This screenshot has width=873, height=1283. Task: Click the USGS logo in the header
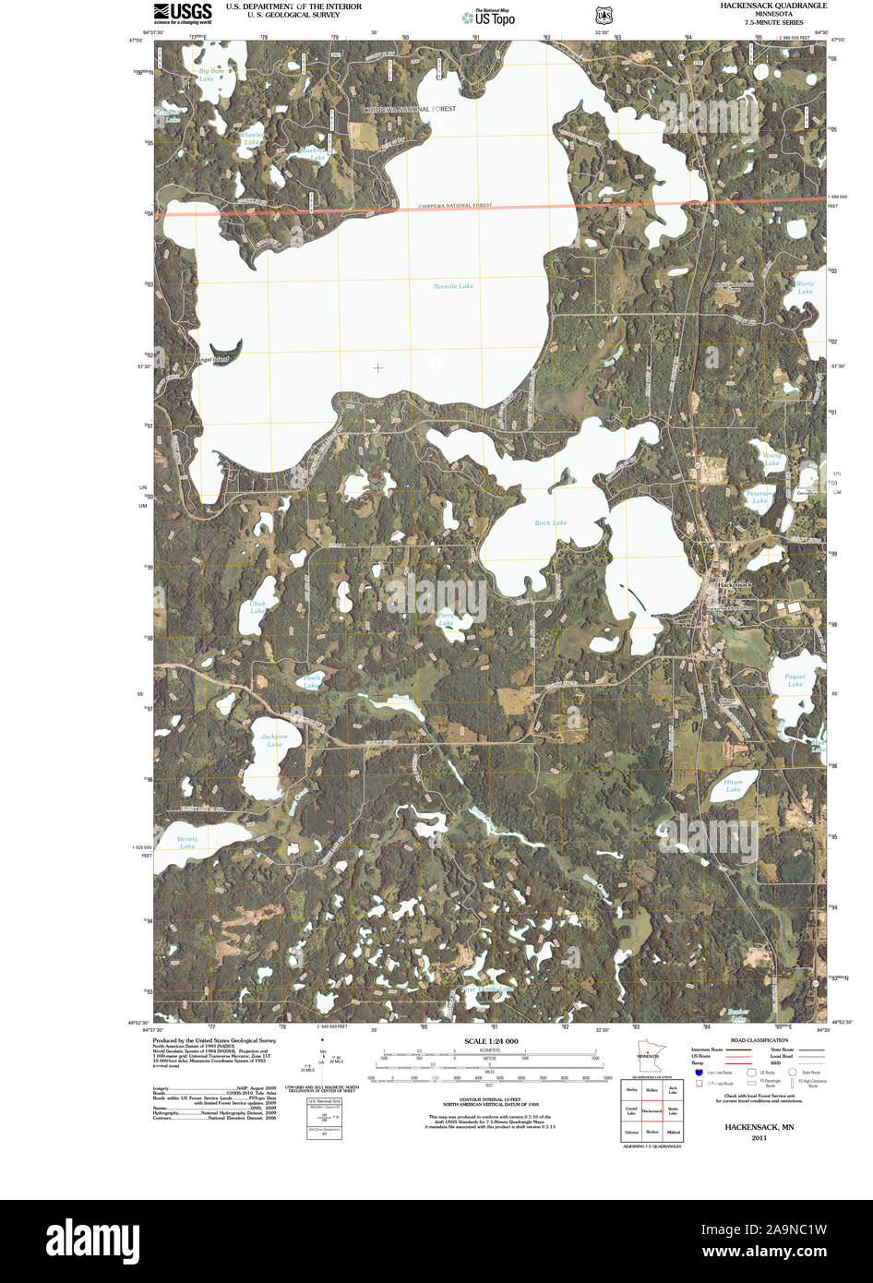[x=183, y=12]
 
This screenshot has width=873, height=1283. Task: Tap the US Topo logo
[x=489, y=17]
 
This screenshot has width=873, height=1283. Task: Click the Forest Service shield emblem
[x=603, y=16]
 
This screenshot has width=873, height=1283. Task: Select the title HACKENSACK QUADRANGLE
[x=773, y=6]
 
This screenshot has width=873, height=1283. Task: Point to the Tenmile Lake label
[x=453, y=287]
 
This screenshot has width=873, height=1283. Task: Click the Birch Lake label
[x=551, y=523]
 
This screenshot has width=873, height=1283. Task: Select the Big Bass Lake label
[x=212, y=75]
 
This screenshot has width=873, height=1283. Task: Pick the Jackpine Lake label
[x=274, y=740]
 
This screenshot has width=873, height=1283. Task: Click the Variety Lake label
[x=187, y=843]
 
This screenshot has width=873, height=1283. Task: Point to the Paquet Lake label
[x=795, y=680]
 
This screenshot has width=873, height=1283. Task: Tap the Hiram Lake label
[x=734, y=785]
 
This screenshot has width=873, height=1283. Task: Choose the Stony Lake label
[x=806, y=287]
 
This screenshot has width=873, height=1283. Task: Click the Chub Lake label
[x=257, y=607]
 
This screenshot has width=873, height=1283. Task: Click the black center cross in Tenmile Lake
[x=378, y=367]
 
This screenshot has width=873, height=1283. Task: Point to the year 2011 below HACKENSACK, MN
[x=759, y=1138]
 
